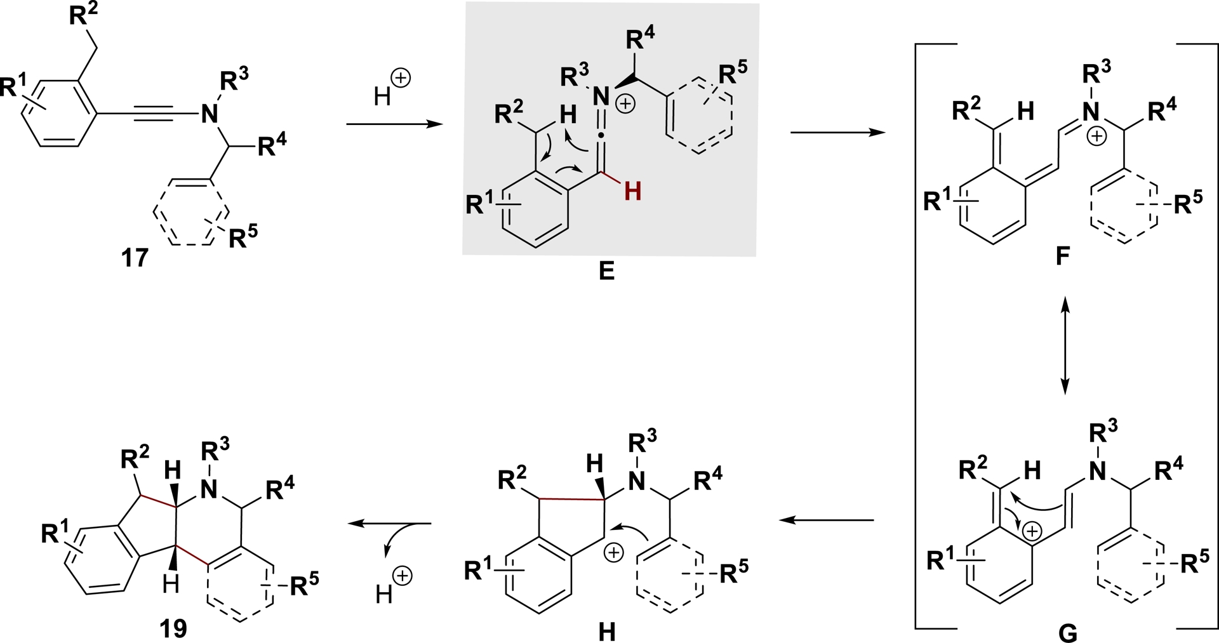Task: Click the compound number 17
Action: point(135,258)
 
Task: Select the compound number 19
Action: point(173,628)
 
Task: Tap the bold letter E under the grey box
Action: point(606,272)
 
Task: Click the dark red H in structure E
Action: point(632,191)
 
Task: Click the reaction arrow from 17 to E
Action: point(394,124)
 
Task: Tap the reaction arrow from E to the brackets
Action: point(837,133)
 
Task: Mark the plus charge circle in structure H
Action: point(613,554)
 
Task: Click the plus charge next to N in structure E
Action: point(625,103)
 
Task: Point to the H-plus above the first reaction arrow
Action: point(392,89)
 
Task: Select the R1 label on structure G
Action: point(942,560)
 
